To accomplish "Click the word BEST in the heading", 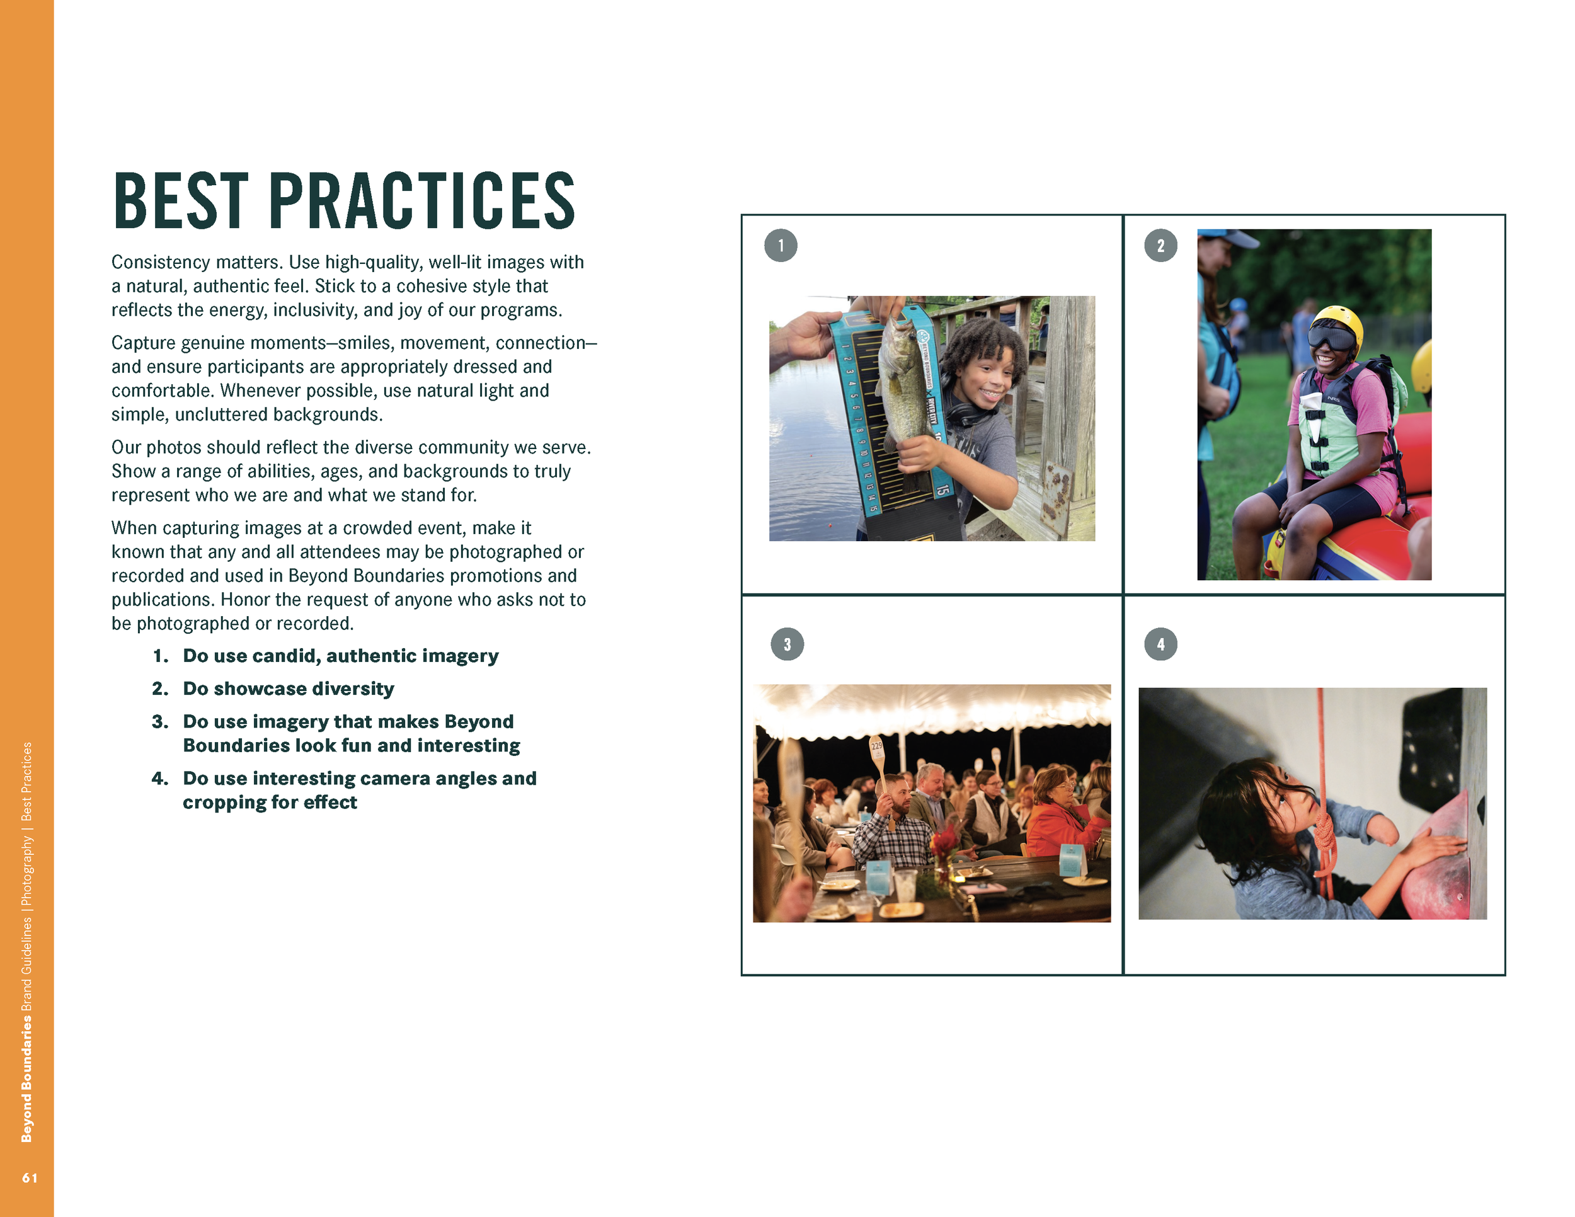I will [x=181, y=201].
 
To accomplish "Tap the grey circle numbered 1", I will [x=781, y=246].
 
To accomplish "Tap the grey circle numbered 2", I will [x=1160, y=246].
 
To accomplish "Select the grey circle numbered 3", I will [x=787, y=644].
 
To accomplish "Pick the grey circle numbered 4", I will [x=1160, y=644].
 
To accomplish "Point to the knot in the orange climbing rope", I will [x=1324, y=840].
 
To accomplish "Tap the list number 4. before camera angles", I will [x=159, y=779].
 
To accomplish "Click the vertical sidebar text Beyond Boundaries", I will [x=26, y=1078].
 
